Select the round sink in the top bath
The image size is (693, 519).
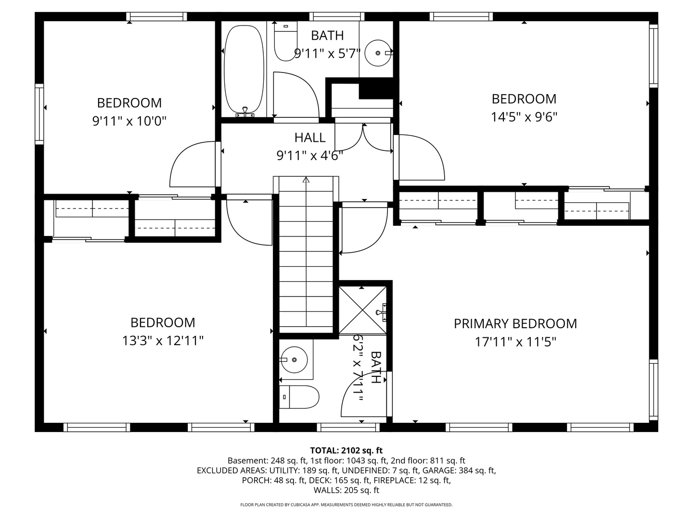pos(378,52)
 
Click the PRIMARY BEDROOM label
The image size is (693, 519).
pos(515,324)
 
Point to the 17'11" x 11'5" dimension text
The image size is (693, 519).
pos(515,342)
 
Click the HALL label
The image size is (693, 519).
pos(310,138)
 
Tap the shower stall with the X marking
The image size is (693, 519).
pos(363,309)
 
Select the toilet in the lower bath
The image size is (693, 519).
pos(299,397)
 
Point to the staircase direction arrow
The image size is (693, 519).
pos(306,181)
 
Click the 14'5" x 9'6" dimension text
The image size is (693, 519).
pos(524,117)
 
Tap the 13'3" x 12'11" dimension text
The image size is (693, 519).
pos(163,341)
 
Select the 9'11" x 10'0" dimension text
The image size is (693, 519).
pos(129,121)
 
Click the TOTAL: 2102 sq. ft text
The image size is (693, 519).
pos(346,451)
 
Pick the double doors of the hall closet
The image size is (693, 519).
pos(363,137)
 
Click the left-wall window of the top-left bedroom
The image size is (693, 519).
pos(39,114)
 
